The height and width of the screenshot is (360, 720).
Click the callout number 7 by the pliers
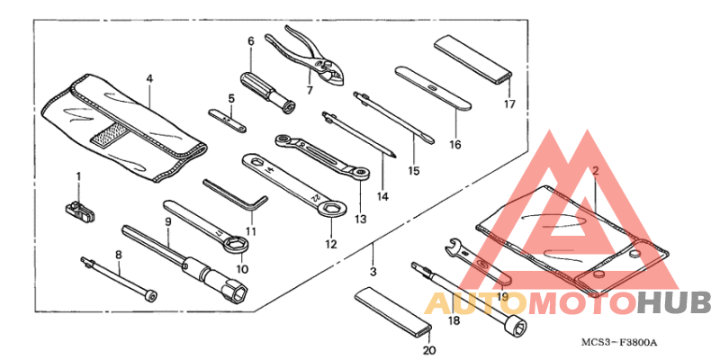[310, 91]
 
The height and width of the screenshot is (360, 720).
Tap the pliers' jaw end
[333, 73]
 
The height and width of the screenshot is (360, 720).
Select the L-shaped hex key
[235, 196]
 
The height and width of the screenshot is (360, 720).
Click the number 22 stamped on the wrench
[315, 197]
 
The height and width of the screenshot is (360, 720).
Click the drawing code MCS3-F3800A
[619, 342]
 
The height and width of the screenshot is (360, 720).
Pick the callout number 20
[428, 350]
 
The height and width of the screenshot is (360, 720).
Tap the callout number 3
[373, 272]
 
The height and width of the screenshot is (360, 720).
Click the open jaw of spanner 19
[454, 244]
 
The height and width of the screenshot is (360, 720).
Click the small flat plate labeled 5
[228, 121]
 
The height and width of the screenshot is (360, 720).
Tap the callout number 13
[361, 219]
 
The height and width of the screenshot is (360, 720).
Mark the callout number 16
[454, 145]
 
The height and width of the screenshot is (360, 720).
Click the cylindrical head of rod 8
[149, 296]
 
